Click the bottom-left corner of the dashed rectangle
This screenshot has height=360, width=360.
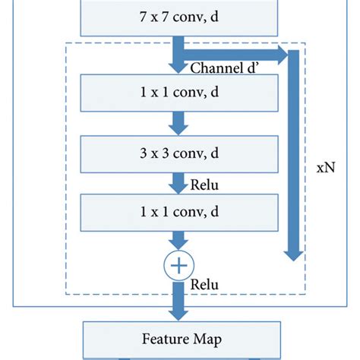point(67,292)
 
